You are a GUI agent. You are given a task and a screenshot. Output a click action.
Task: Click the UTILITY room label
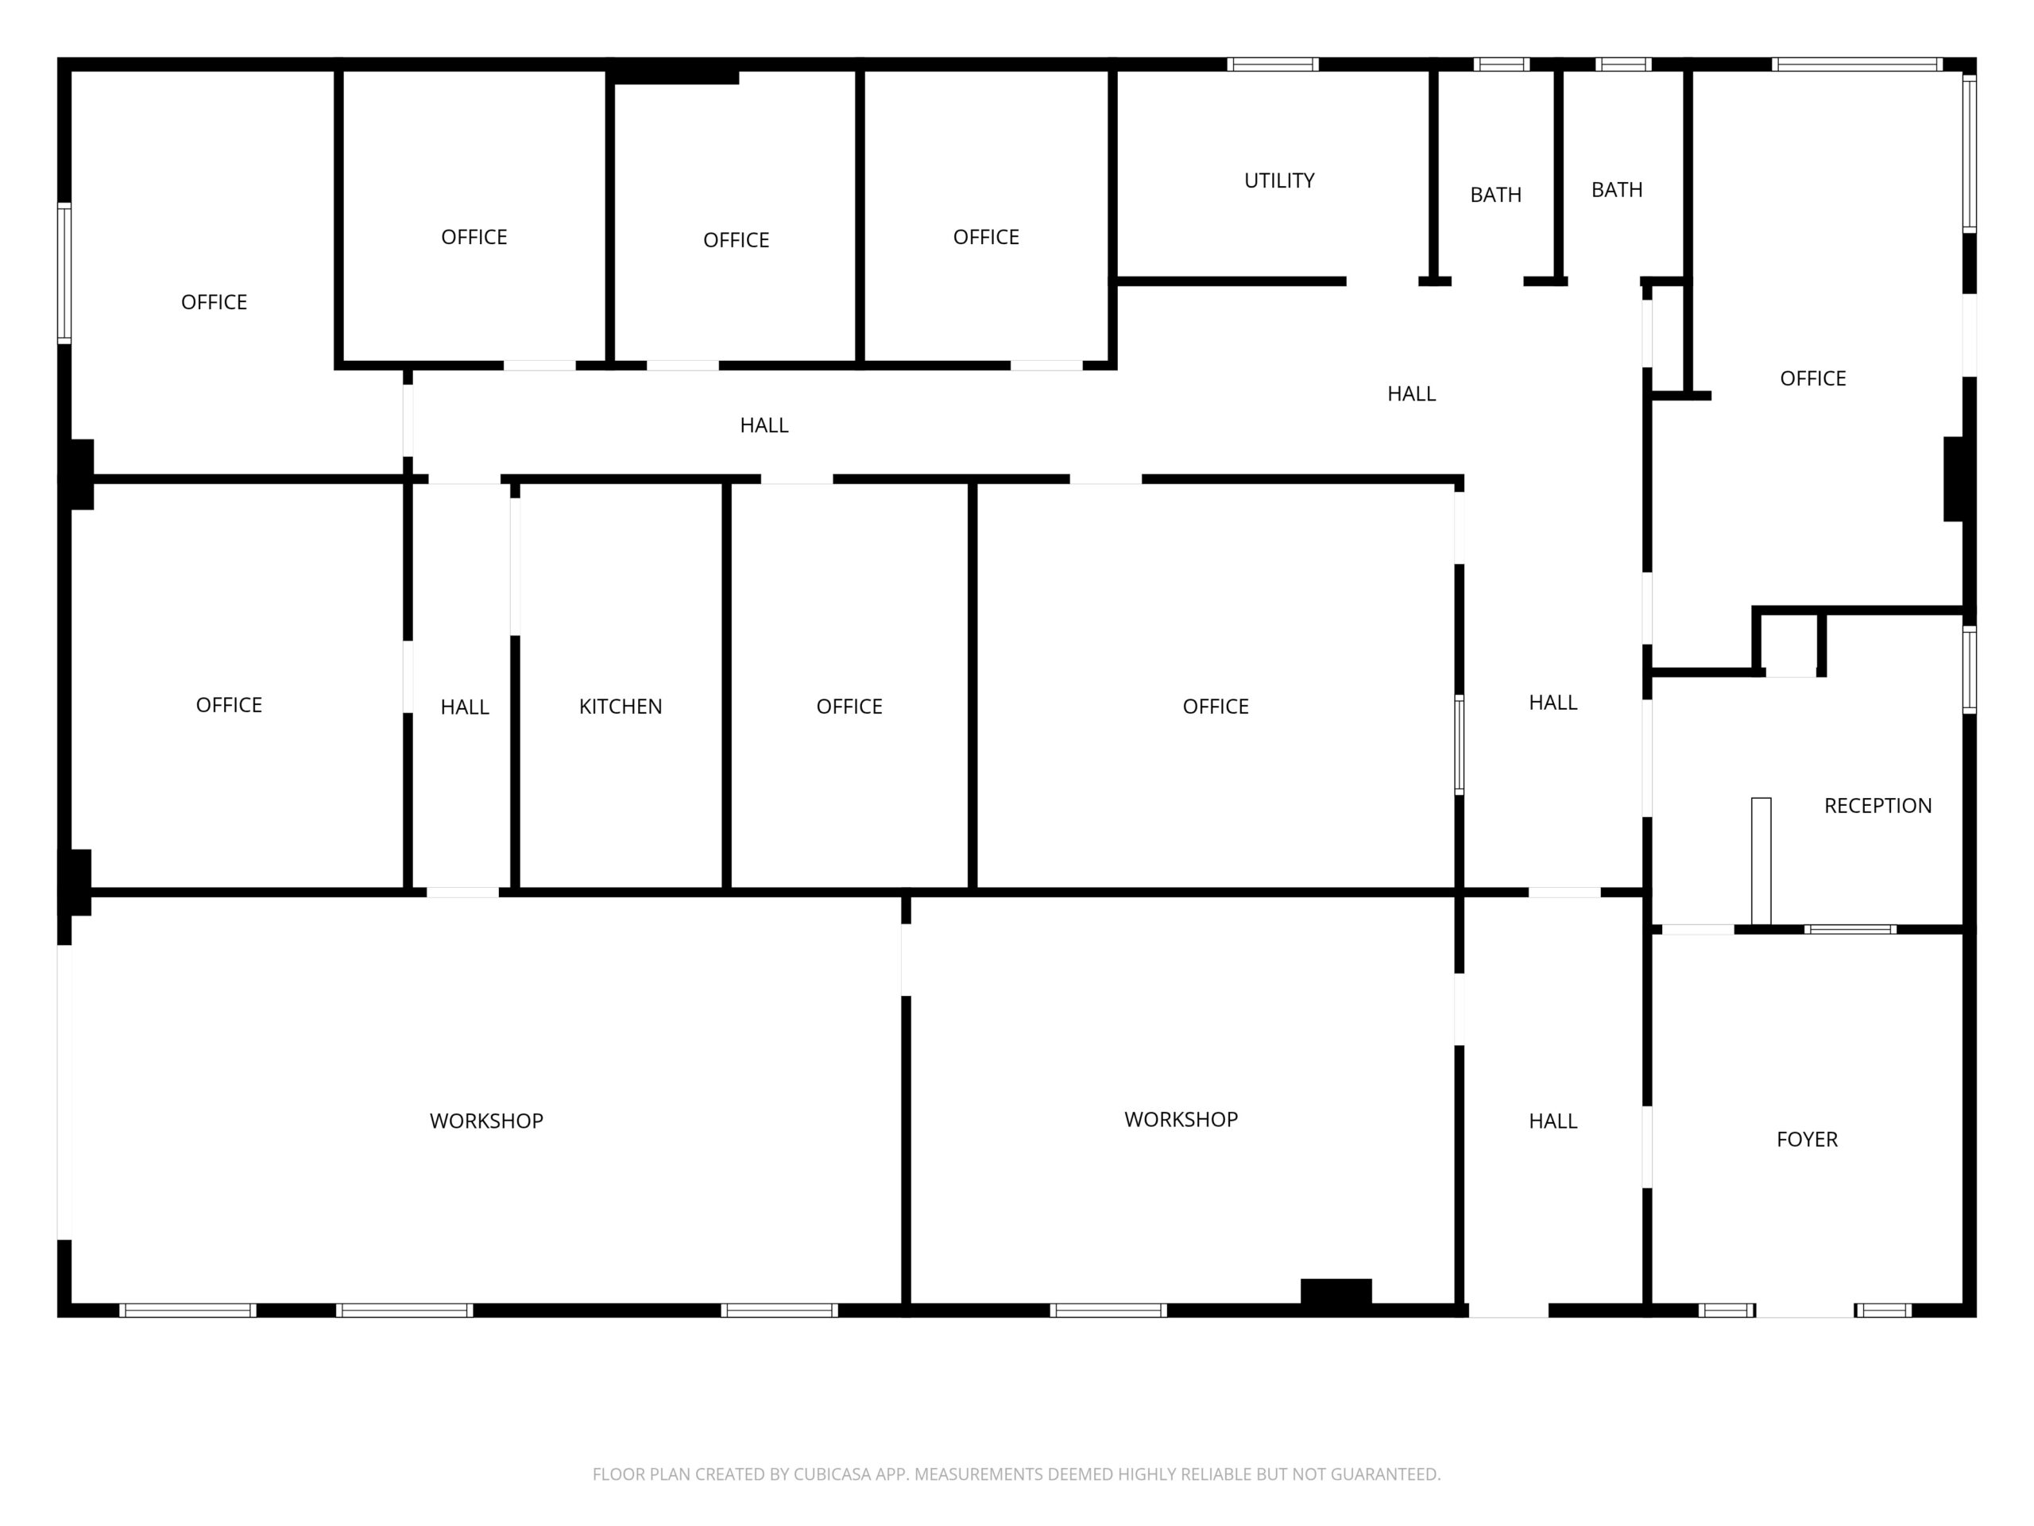[x=1279, y=180]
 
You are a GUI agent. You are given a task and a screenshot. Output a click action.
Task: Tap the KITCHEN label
[x=621, y=707]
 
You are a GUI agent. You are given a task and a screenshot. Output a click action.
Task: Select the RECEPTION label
[x=1877, y=806]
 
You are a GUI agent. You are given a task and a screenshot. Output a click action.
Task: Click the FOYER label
[x=1807, y=1140]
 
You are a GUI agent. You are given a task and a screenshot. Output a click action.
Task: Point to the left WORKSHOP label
[x=486, y=1121]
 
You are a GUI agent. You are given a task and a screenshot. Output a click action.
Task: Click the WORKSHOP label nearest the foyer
[x=1181, y=1119]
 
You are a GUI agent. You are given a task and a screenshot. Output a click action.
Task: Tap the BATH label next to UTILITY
[x=1495, y=195]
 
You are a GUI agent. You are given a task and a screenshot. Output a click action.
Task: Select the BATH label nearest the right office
[x=1617, y=189]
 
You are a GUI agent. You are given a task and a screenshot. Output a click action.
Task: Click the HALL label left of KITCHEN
[x=464, y=707]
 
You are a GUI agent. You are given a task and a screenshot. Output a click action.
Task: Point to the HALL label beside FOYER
[x=1553, y=1121]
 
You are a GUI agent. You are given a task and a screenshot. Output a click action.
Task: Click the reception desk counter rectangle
[x=1761, y=861]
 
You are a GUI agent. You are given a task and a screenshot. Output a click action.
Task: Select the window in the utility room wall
[x=1273, y=64]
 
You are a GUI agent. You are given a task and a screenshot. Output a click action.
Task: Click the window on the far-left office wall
[x=64, y=273]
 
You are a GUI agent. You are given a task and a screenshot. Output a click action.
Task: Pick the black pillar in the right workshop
[x=1336, y=1292]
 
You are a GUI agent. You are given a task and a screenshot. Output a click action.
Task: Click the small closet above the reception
[x=1788, y=644]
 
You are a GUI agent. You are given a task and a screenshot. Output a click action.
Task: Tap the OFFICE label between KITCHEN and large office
[x=849, y=707]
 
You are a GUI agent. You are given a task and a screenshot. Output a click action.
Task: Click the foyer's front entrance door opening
[x=1805, y=1311]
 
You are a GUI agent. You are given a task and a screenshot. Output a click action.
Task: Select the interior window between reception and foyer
[x=1850, y=929]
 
